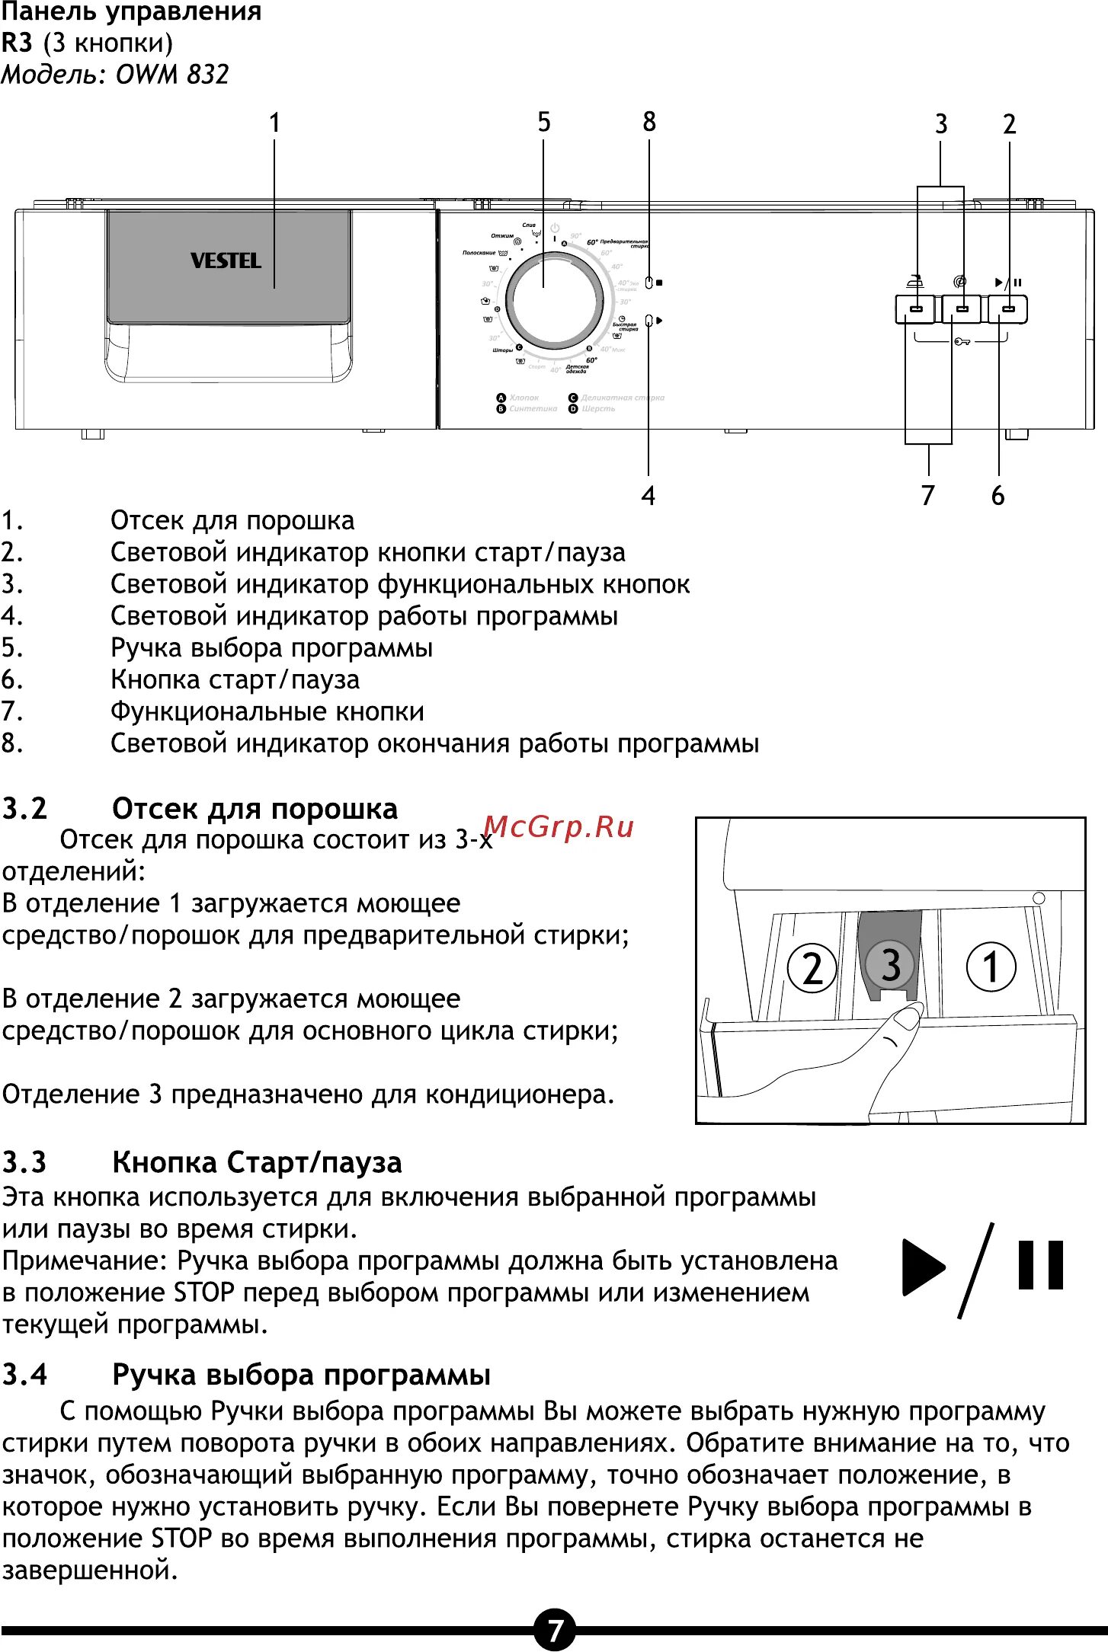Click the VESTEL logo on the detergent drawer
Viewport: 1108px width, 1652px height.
(x=226, y=260)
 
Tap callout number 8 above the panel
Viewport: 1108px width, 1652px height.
(x=648, y=122)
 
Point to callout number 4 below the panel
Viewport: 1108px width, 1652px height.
(x=648, y=496)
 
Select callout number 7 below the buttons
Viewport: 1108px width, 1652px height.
(x=927, y=496)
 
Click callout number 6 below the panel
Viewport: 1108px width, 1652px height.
(x=998, y=496)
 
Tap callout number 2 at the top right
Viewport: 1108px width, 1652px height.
(x=1009, y=124)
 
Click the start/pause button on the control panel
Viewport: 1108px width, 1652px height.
(x=1008, y=309)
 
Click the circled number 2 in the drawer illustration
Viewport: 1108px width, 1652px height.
(x=812, y=968)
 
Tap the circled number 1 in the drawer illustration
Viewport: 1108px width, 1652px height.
(x=991, y=967)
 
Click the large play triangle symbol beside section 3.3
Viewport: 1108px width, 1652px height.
(x=923, y=1267)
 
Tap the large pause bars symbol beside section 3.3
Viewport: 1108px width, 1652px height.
(x=1040, y=1265)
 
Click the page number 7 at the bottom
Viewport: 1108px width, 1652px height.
(x=554, y=1630)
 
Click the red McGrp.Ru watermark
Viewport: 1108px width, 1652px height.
(x=559, y=826)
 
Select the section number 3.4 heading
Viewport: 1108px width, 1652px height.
(x=25, y=1375)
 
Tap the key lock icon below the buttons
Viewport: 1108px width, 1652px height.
(x=962, y=341)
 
